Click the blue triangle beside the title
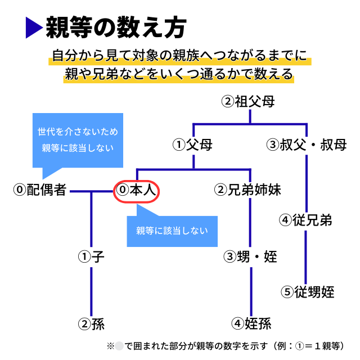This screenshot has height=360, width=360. [x=33, y=28]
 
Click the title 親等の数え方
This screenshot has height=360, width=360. [x=116, y=27]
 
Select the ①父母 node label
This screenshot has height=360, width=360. [x=192, y=145]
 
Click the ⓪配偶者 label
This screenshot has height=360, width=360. [x=40, y=190]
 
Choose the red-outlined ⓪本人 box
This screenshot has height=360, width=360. [x=137, y=191]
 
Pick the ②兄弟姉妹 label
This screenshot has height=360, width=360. [x=247, y=190]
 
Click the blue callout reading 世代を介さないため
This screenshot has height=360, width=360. [x=78, y=141]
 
